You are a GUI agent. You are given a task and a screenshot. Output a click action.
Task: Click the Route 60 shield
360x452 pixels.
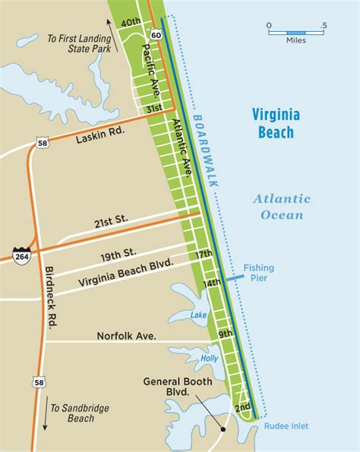155,34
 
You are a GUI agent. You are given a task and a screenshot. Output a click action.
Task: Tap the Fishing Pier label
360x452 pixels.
259,273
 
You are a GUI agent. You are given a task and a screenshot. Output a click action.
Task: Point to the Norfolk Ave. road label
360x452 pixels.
125,336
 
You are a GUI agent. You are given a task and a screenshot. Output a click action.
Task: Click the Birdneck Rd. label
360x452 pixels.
49,298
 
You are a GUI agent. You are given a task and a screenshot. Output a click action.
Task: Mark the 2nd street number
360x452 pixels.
243,408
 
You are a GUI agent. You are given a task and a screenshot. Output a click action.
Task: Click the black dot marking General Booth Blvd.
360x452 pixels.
223,429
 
